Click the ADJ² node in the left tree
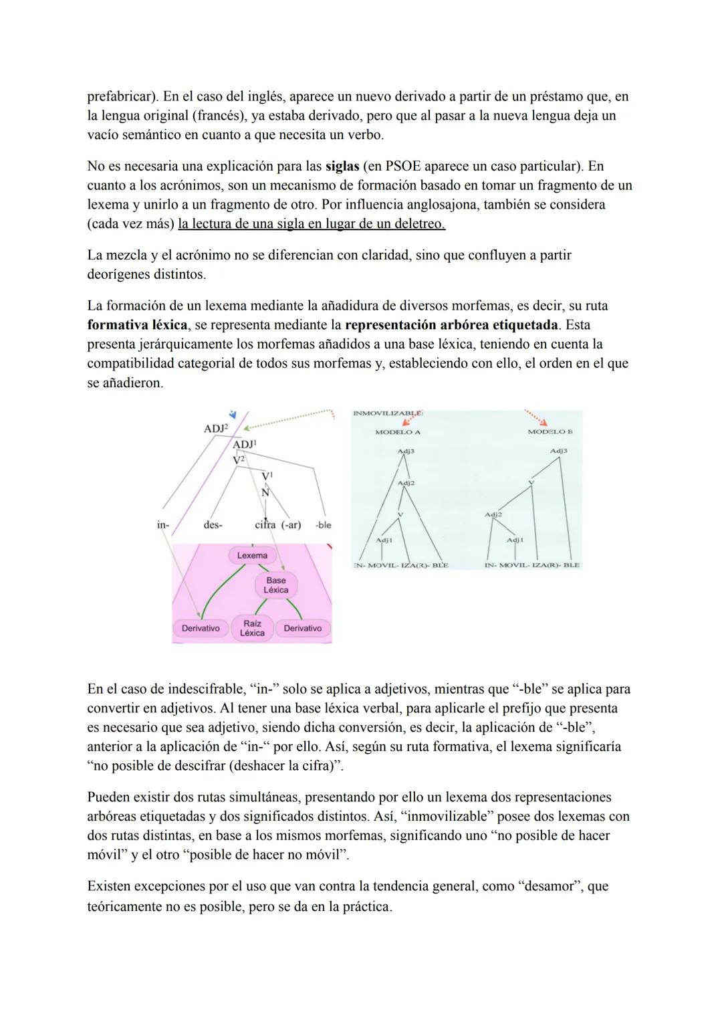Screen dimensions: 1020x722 (215, 428)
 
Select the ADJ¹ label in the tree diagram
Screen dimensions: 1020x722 (245, 444)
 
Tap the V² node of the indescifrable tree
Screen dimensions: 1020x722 (239, 460)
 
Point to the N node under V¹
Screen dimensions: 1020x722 (265, 492)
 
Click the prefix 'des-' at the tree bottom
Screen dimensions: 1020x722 (213, 525)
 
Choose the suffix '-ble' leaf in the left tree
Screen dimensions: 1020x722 (323, 525)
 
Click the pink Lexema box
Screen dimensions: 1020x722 (252, 556)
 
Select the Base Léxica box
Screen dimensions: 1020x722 (275, 585)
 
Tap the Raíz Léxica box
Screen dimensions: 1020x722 (252, 628)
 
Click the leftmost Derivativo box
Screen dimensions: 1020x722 (201, 629)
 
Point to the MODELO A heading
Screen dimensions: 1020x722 (398, 432)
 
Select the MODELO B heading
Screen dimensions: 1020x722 (550, 432)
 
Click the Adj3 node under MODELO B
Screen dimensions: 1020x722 (559, 451)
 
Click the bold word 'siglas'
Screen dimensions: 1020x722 (342, 166)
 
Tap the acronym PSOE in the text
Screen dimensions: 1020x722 (404, 166)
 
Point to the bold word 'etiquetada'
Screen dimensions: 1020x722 (519, 325)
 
